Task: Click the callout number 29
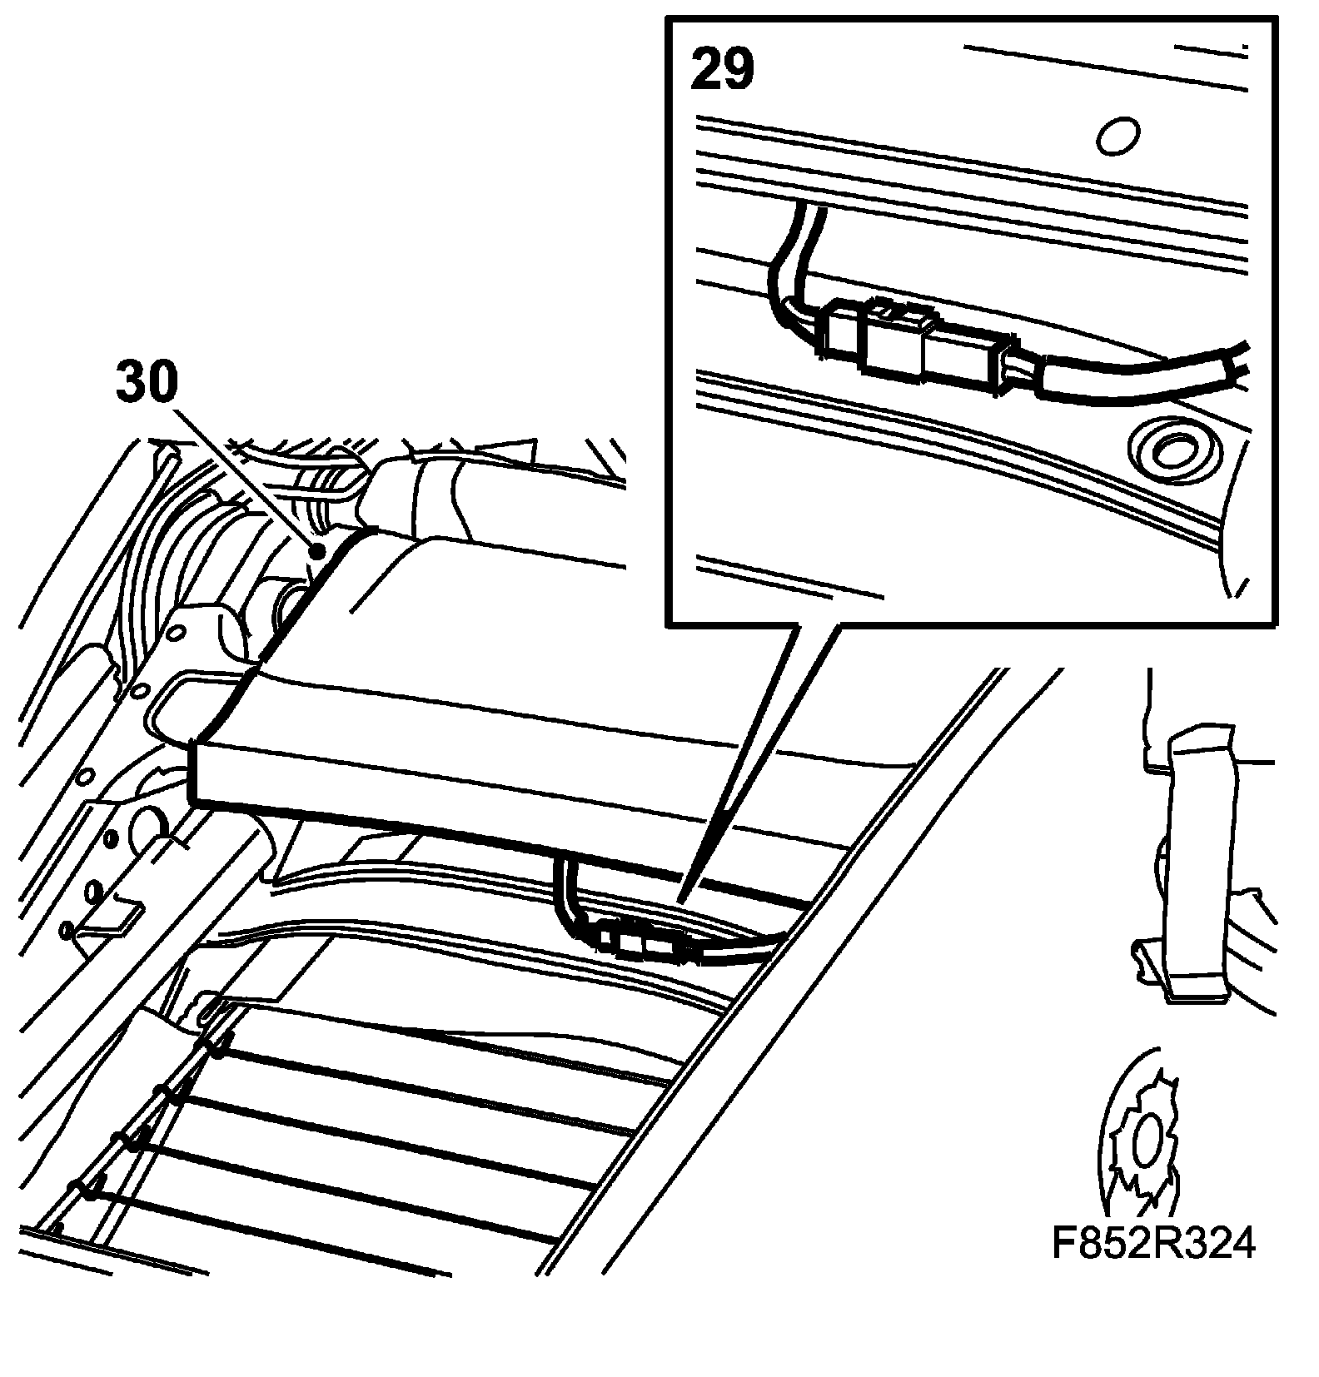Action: (722, 70)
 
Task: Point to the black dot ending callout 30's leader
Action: (316, 550)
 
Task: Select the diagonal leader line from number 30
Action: (241, 475)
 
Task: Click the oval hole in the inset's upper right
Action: (1117, 136)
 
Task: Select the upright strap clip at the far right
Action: (1199, 866)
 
